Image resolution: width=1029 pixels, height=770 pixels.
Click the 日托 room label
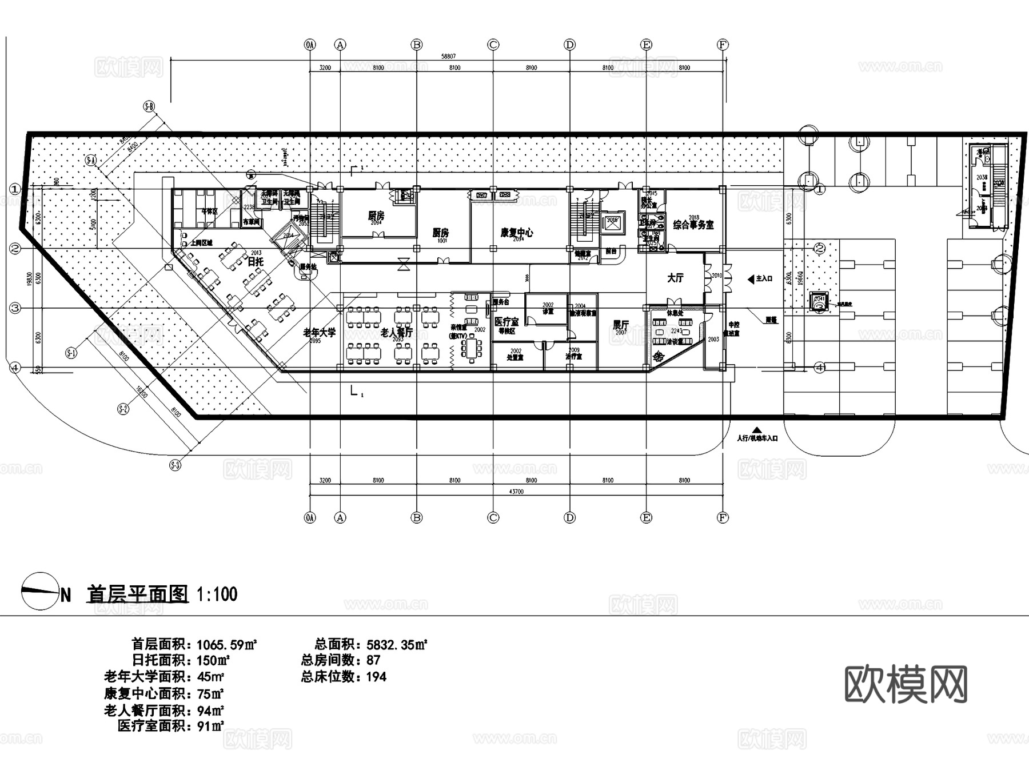(256, 262)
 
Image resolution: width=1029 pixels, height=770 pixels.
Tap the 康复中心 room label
(516, 233)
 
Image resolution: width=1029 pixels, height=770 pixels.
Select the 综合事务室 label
(693, 225)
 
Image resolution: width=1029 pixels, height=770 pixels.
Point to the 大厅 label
(675, 278)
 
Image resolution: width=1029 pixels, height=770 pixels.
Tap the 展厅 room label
(621, 325)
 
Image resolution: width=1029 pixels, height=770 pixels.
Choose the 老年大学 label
(319, 332)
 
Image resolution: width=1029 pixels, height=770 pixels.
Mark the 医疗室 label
(506, 322)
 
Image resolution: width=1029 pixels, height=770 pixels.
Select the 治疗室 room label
(573, 356)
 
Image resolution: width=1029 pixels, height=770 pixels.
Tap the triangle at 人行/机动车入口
(757, 430)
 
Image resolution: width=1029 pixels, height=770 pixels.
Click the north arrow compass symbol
(40, 591)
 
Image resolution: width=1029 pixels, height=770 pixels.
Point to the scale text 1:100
(217, 595)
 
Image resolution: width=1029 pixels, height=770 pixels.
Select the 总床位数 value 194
(376, 677)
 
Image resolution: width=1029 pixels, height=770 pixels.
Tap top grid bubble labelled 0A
(310, 45)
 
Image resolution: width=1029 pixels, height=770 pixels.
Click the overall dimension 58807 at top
(448, 57)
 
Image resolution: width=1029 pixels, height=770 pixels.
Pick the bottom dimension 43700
(516, 491)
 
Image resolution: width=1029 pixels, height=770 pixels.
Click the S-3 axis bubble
(176, 465)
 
